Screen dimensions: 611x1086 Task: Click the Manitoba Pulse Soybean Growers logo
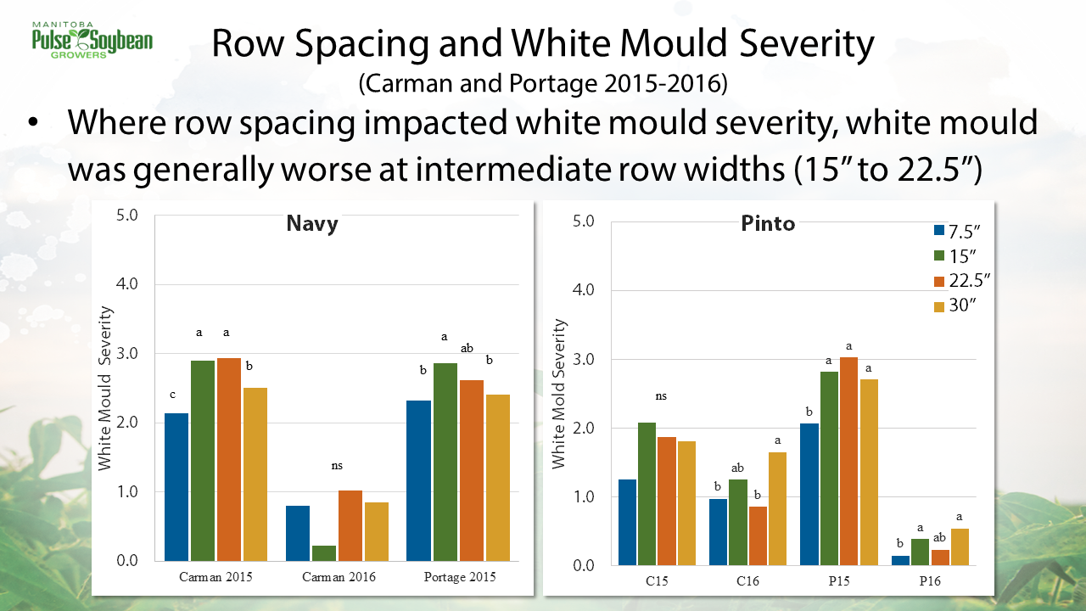click(92, 38)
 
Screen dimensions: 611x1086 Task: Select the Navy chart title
click(311, 224)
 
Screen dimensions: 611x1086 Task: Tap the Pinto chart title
click(768, 223)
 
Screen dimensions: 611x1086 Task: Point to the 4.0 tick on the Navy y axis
click(128, 284)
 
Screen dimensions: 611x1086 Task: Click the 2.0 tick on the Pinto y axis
click(583, 429)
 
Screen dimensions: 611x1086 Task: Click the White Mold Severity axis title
click(558, 393)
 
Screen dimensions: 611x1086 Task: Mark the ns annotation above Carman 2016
click(338, 465)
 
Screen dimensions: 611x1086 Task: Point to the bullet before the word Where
click(33, 124)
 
